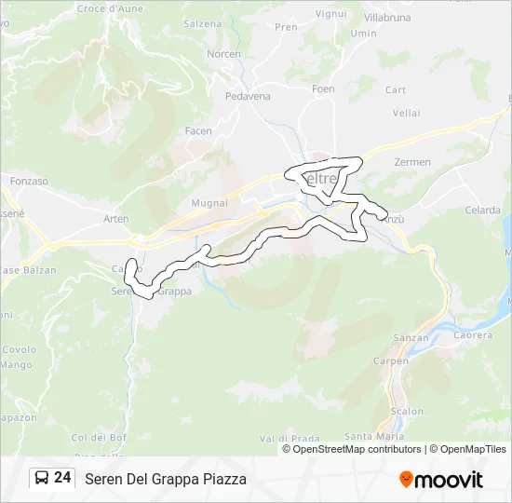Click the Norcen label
[223, 54]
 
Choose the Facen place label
[198, 131]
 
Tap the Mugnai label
[209, 202]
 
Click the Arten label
[116, 219]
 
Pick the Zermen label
[412, 162]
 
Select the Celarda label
[482, 211]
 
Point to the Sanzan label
[411, 338]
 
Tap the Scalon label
[407, 411]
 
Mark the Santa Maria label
[374, 436]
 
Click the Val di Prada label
[290, 438]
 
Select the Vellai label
[407, 113]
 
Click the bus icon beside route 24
[42, 478]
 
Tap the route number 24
[62, 478]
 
